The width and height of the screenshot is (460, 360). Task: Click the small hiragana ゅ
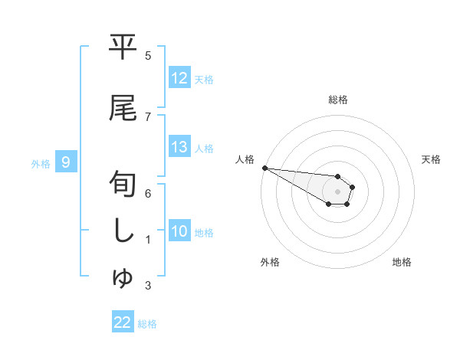point(123,279)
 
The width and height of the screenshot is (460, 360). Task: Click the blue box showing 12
point(179,78)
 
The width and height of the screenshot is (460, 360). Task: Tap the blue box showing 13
point(179,148)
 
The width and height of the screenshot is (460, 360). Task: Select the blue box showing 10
point(179,232)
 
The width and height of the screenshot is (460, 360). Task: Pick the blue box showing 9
point(67,162)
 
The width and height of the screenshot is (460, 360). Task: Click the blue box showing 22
point(123,322)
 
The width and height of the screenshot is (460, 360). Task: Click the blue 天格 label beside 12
point(204,79)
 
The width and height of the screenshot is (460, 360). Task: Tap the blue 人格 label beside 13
point(204,149)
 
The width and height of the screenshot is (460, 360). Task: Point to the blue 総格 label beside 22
point(147,323)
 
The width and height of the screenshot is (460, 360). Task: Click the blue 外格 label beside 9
point(41,163)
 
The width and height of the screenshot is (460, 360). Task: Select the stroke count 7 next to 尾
point(148,116)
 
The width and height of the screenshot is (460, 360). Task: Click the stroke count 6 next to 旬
point(148,193)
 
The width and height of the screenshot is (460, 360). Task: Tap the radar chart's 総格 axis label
point(338,100)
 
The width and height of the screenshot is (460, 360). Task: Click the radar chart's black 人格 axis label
point(245,159)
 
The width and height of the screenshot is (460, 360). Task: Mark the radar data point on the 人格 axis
point(264,167)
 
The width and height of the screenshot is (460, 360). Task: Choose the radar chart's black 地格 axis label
point(402,262)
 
